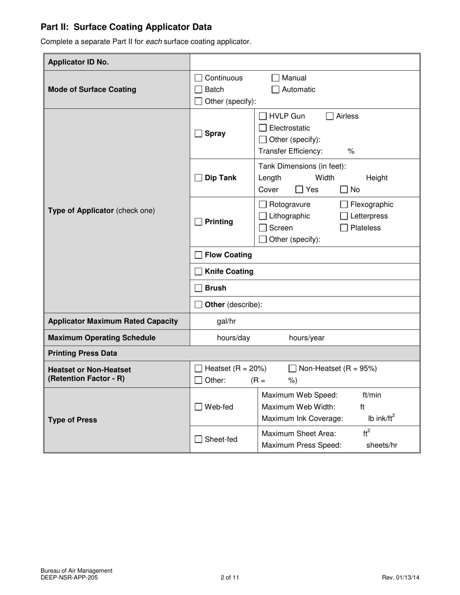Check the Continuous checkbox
(x=198, y=78)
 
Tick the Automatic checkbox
(x=275, y=89)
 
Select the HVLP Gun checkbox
(x=262, y=116)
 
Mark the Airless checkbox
(x=329, y=116)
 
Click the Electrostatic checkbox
(x=262, y=128)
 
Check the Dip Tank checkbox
(x=198, y=178)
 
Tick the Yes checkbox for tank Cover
(x=299, y=190)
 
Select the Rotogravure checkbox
(x=262, y=205)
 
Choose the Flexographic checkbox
(x=344, y=205)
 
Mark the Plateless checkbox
(x=344, y=228)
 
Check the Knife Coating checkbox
(x=198, y=272)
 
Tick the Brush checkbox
(x=198, y=288)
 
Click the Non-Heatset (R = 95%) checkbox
(x=292, y=369)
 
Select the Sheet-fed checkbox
(x=198, y=440)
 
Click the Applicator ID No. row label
(x=78, y=62)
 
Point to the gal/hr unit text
(x=226, y=321)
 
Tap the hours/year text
(x=307, y=338)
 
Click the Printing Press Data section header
(x=82, y=353)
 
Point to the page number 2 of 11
(x=230, y=577)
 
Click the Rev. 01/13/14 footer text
(x=400, y=577)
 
